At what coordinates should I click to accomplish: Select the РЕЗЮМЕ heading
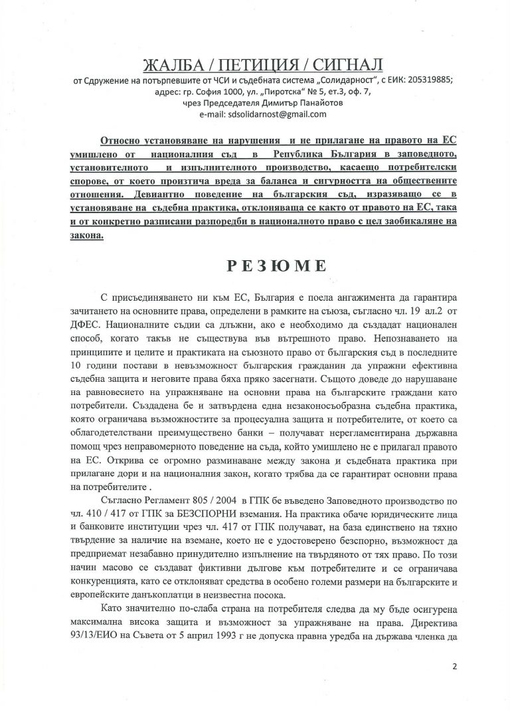tap(254, 265)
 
